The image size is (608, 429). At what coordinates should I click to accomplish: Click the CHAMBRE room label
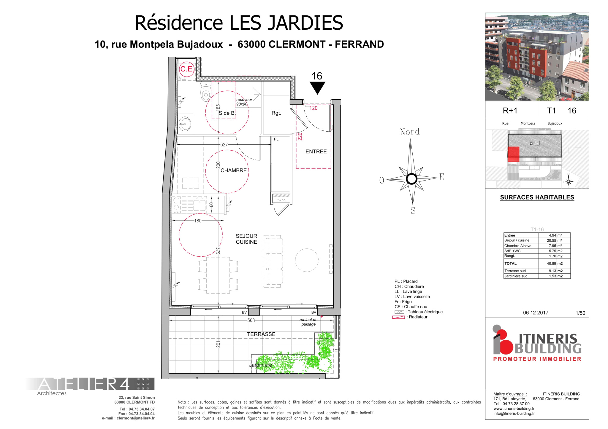[x=233, y=170]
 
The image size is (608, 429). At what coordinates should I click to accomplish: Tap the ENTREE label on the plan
[x=316, y=151]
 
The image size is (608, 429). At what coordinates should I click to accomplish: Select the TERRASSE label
[x=261, y=334]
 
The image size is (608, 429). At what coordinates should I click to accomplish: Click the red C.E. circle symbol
[x=187, y=69]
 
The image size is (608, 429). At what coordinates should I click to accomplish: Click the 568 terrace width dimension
[x=251, y=320]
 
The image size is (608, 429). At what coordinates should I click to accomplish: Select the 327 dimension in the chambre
[x=224, y=145]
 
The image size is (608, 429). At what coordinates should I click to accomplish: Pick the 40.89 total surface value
[x=551, y=264]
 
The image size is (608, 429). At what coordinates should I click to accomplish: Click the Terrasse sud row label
[x=515, y=271]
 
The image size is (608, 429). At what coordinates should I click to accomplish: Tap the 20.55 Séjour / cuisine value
[x=551, y=240]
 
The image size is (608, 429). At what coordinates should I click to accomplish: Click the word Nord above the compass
[x=410, y=132]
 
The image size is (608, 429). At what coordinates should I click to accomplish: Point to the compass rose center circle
[x=411, y=179]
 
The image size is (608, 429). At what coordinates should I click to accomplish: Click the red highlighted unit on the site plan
[x=513, y=154]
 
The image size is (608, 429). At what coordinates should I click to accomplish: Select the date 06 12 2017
[x=536, y=313]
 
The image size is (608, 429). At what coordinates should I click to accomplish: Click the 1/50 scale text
[x=580, y=313]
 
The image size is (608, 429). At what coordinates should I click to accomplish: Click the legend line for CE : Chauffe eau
[x=411, y=307]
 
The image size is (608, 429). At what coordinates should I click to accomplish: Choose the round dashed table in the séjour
[x=307, y=260]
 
